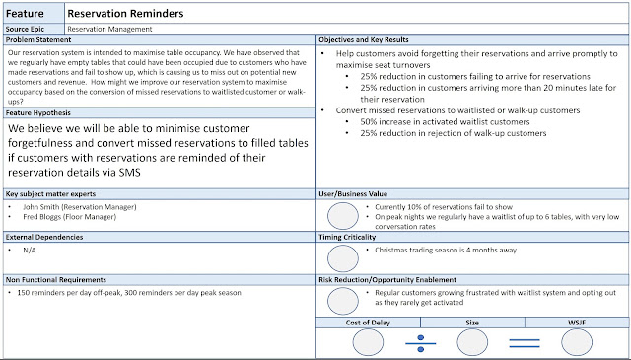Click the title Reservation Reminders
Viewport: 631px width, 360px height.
pos(125,14)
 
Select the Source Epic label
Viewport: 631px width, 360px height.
pos(25,29)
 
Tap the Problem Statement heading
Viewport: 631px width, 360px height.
pos(38,39)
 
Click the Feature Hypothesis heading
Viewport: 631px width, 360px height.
pos(37,113)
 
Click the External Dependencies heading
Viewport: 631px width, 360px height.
pos(44,237)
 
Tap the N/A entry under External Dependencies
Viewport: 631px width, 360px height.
pos(30,251)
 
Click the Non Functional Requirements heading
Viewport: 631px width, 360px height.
pos(56,280)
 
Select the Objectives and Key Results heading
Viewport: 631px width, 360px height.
pos(364,39)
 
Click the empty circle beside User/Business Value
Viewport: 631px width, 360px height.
pos(343,216)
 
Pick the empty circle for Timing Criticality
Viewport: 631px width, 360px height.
pos(343,258)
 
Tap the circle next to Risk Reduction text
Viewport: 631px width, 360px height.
pos(343,301)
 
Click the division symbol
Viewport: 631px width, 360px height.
pos(421,343)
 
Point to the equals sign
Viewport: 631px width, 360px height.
pos(525,343)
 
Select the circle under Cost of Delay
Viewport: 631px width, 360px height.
pos(368,342)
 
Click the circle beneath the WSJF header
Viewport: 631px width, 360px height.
pos(577,342)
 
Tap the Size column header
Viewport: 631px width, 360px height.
pos(472,323)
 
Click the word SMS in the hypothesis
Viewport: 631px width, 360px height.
pos(129,173)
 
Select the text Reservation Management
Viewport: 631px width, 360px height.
pos(109,29)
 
